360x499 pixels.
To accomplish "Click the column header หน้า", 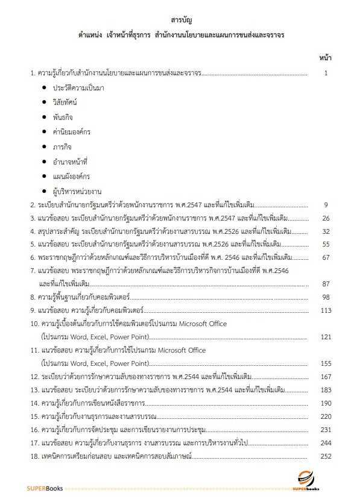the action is tap(324, 58).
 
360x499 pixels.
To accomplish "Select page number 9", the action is tap(325, 205).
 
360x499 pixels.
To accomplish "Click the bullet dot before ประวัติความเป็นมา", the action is tap(46, 88).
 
